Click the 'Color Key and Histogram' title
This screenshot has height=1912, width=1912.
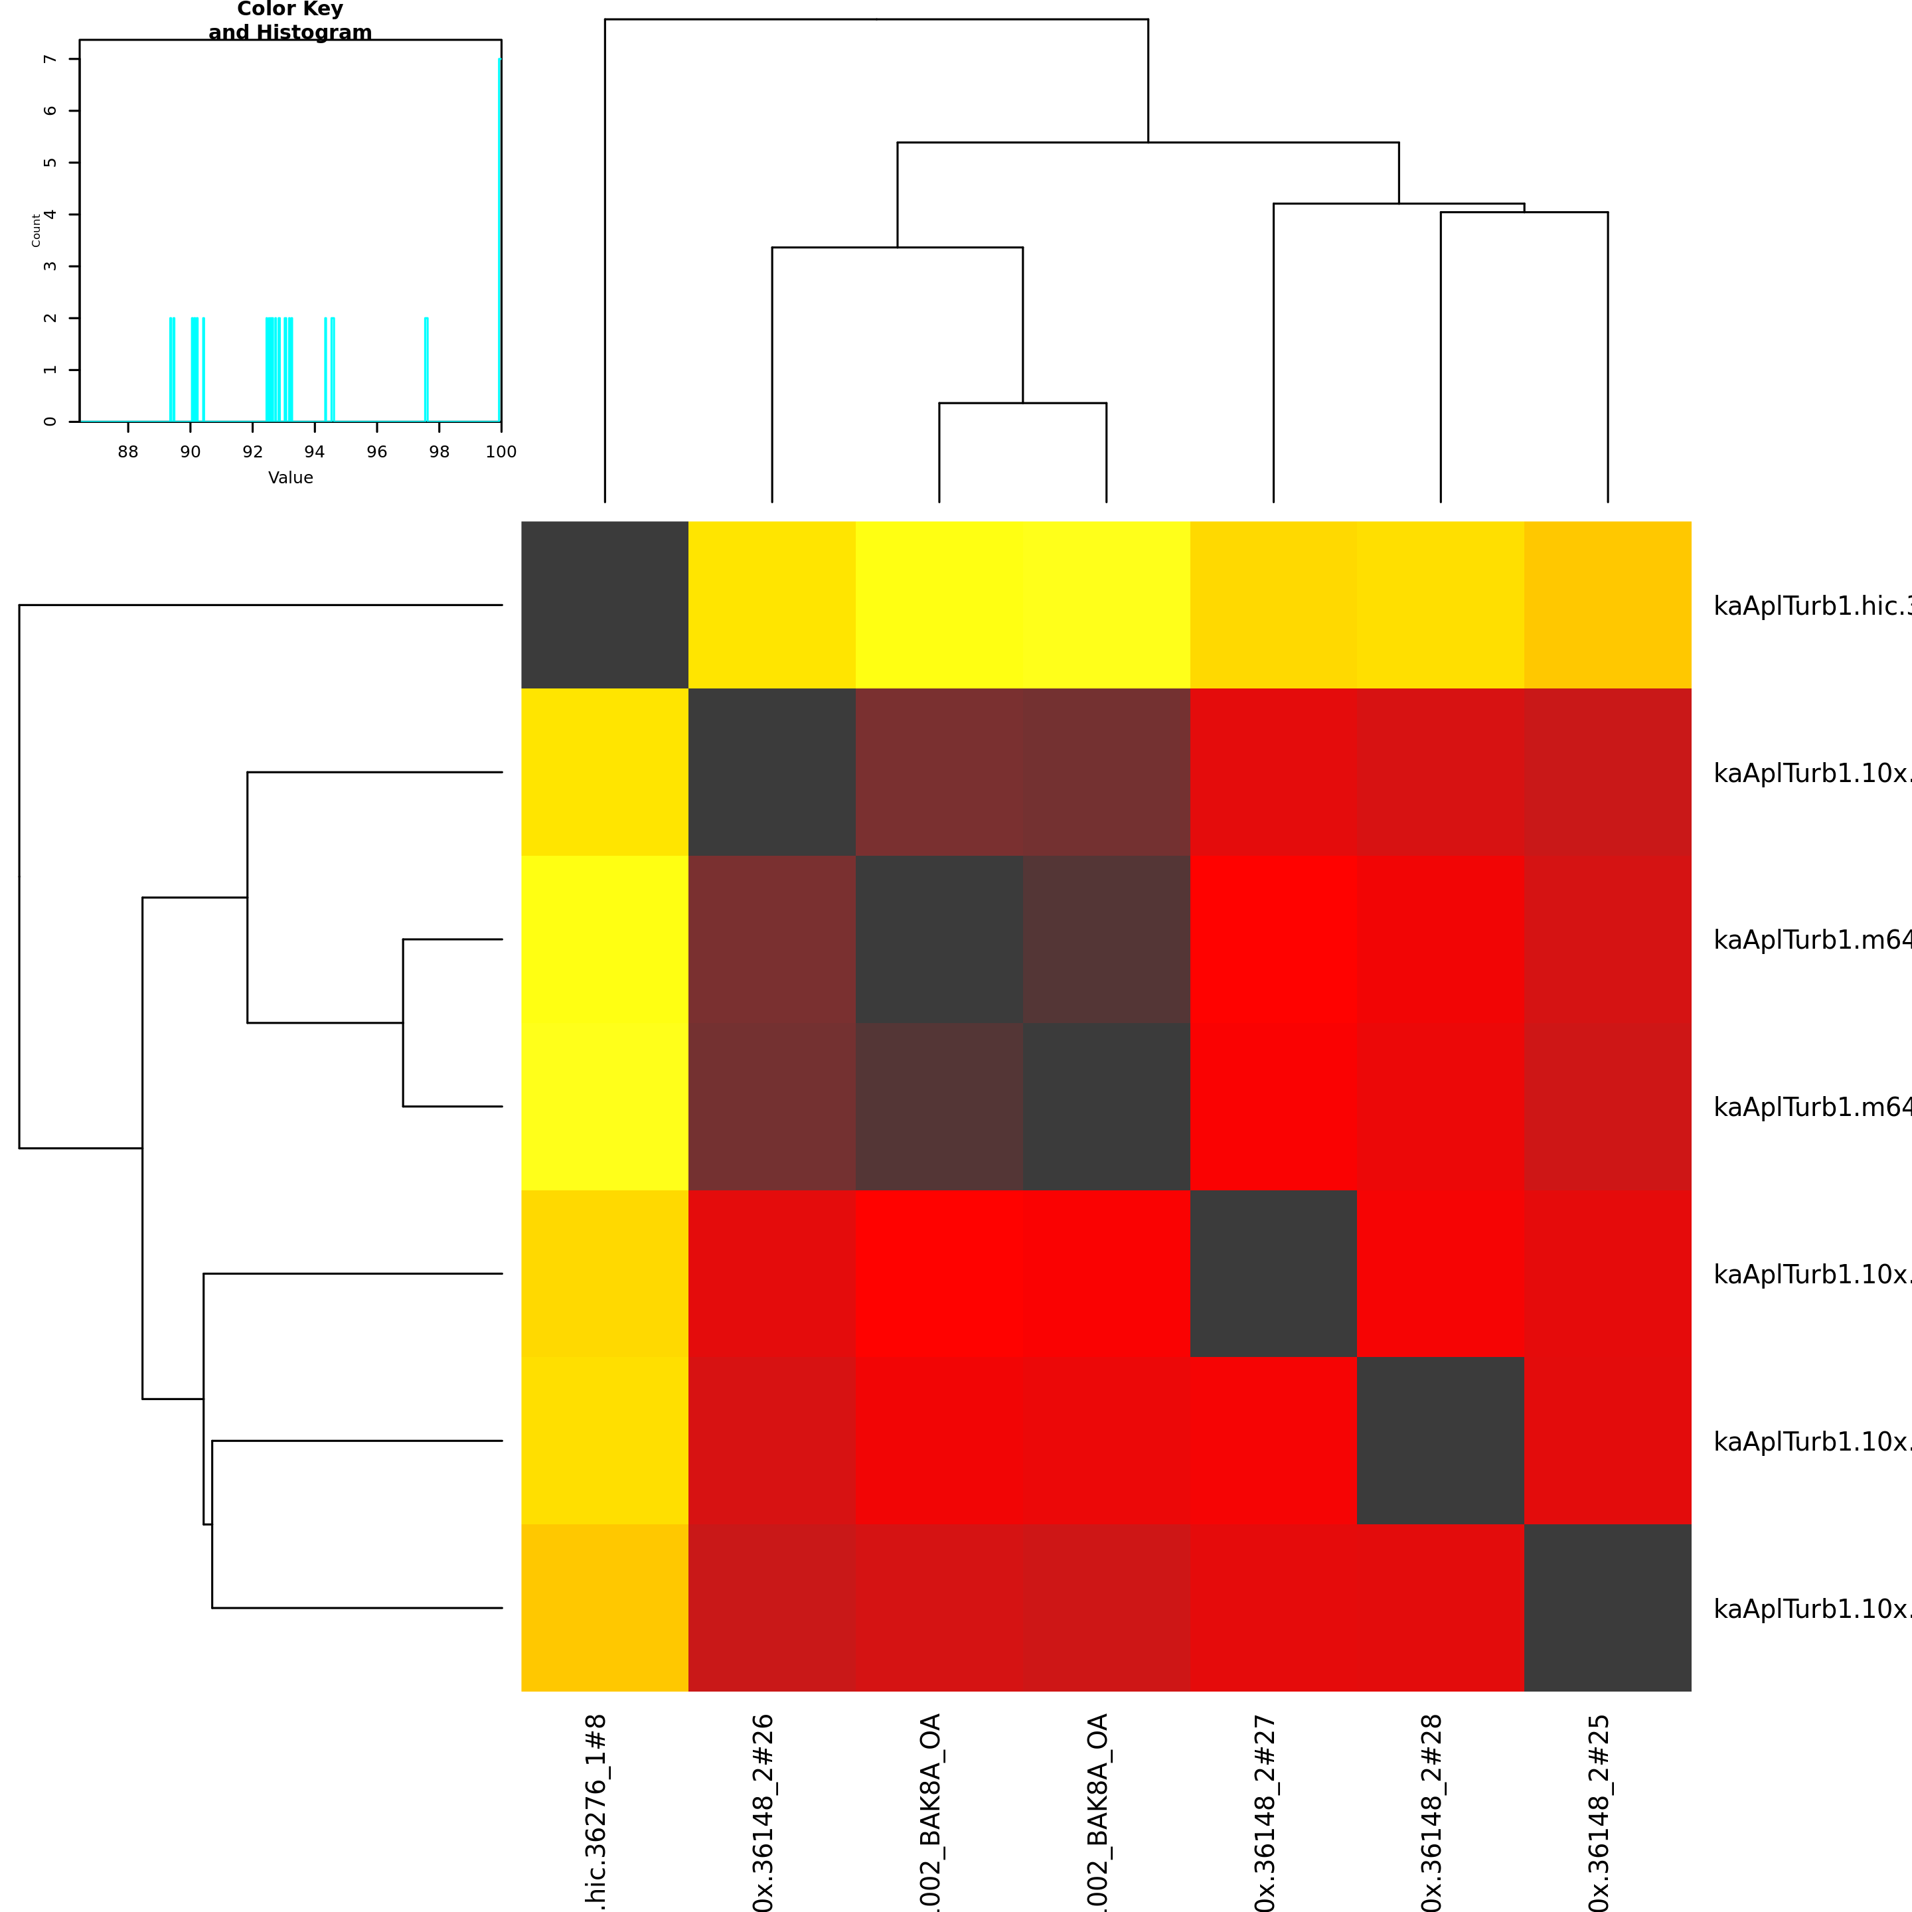290,21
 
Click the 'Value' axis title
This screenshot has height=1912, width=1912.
290,477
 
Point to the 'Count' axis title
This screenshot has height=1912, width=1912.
37,230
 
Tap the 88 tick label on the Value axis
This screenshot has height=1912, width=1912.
127,451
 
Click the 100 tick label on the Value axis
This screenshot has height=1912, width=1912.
501,451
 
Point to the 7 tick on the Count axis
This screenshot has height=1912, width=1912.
50,59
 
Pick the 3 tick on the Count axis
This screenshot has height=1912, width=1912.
50,266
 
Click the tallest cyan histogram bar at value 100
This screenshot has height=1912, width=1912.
500,238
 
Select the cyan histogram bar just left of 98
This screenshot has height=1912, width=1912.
426,369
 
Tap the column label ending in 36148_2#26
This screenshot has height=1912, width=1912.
762,1811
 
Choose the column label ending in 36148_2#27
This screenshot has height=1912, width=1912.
1264,1811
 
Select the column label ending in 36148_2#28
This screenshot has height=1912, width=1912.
1431,1811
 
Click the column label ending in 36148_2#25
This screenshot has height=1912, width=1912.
1598,1811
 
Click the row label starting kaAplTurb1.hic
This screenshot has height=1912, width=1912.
1811,605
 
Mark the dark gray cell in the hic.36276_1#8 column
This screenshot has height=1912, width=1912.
605,605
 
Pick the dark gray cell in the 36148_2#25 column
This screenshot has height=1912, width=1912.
1607,1607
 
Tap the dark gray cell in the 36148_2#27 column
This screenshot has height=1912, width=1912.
1273,1273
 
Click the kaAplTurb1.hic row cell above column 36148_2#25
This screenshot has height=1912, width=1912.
1607,605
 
